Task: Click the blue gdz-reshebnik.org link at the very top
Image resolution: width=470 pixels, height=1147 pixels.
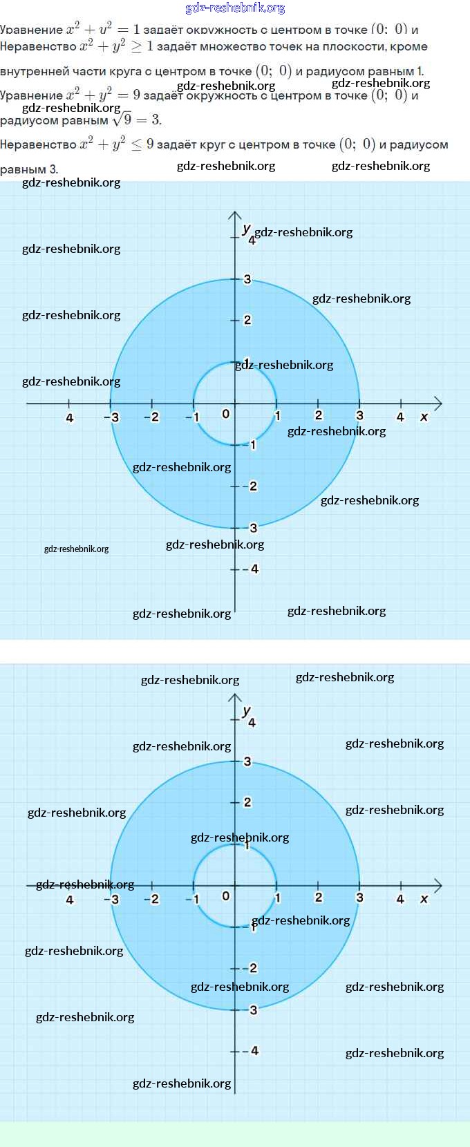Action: pos(235,8)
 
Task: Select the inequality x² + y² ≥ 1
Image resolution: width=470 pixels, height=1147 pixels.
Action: pos(117,47)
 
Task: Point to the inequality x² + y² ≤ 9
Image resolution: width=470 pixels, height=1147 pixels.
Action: pos(117,144)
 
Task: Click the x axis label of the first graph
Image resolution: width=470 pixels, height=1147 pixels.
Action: pos(424,417)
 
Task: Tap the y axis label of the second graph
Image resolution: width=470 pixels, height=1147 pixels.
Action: pos(246,710)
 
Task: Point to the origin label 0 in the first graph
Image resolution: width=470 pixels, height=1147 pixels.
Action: pos(225,414)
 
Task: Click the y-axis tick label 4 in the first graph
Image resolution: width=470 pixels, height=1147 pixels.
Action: pos(252,240)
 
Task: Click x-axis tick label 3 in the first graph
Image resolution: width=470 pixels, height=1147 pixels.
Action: pos(359,415)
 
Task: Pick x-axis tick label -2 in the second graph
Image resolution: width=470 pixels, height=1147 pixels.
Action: pos(151,899)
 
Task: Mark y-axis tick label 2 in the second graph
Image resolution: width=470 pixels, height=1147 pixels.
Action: pos(247,802)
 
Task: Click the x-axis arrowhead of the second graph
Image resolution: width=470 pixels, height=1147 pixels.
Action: pos(437,885)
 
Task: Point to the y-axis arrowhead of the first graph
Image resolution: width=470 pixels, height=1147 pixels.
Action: pos(235,216)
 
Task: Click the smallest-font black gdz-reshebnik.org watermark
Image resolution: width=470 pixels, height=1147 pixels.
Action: pos(76,549)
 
